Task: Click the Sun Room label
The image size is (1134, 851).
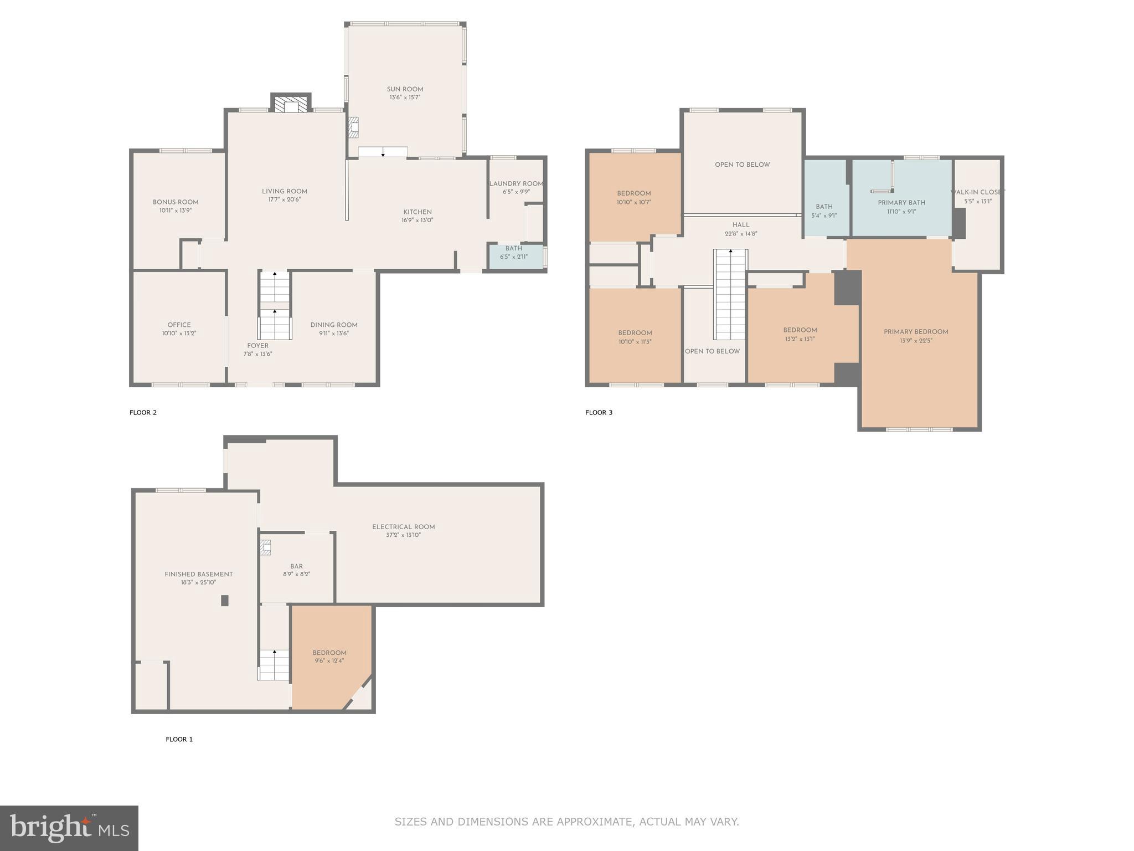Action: pos(405,89)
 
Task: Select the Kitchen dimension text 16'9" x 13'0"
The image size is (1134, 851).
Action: pos(417,221)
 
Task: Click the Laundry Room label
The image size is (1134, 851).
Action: pos(516,184)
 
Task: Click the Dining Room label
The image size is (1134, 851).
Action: pos(334,325)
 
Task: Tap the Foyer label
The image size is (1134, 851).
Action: pos(257,346)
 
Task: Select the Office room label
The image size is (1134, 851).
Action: pos(179,325)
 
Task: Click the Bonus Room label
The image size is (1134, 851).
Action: pos(176,202)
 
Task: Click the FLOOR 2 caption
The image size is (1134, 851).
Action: pos(143,413)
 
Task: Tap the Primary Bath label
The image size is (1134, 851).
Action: pos(901,203)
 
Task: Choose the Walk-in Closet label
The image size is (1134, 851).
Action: pos(978,192)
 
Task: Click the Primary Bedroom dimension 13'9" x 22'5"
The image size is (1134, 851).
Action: pos(916,341)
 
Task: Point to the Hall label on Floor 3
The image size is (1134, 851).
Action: pos(741,225)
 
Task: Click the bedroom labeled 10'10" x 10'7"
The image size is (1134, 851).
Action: pos(634,198)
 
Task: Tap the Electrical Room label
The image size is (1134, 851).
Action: pos(403,527)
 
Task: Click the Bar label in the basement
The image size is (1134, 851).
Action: pos(296,566)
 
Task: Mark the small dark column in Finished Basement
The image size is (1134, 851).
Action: pos(225,600)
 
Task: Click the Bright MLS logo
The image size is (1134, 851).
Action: pos(69,828)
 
